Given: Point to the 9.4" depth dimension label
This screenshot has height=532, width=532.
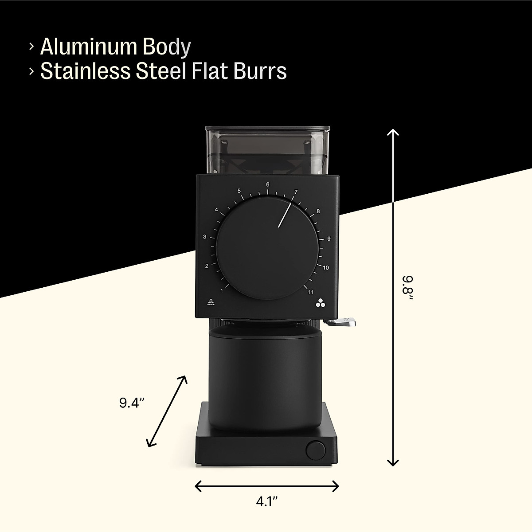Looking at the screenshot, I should click(132, 403).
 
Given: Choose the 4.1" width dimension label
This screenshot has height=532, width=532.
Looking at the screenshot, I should click(266, 501).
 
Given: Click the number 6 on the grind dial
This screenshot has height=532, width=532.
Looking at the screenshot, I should click(268, 184).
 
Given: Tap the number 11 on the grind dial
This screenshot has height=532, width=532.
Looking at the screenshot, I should click(310, 292).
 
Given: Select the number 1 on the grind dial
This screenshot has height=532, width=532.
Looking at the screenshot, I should click(222, 286).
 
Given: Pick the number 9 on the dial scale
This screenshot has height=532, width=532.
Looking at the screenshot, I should click(329, 239).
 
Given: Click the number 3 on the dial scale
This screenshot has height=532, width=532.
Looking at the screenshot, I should click(205, 237).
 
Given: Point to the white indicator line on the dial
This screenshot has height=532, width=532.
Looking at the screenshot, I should click(285, 215).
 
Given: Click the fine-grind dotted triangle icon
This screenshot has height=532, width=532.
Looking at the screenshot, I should click(211, 303).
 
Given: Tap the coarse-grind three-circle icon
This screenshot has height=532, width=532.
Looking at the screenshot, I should click(321, 303).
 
